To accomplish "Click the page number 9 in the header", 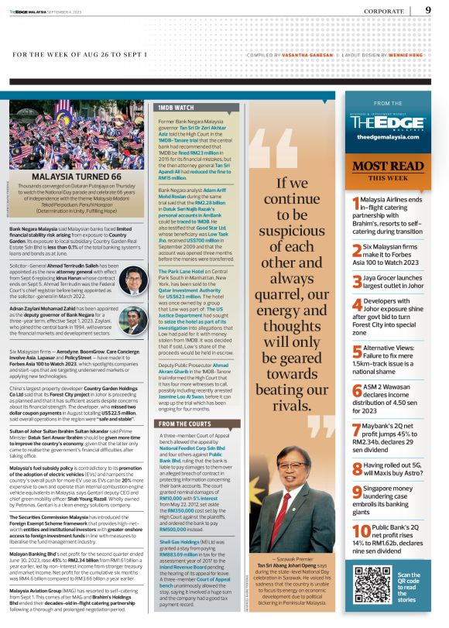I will pos(428,10).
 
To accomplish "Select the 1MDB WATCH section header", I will pos(176,106).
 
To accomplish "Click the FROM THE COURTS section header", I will pos(187,424).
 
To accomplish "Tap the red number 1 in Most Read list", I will pos(355,204).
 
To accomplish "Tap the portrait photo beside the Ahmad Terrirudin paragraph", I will pos(133,280).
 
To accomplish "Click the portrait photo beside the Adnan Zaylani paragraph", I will pos(133,320).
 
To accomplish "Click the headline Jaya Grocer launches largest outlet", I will pos(399,282).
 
